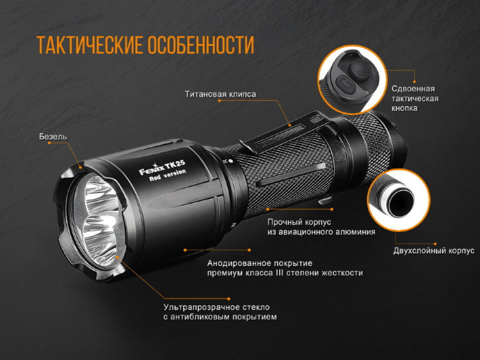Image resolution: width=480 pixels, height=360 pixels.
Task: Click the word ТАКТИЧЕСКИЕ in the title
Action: coord(88,45)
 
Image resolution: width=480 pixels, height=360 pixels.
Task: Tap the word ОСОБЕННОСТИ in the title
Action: coord(200,45)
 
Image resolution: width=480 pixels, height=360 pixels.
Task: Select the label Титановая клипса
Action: coord(220,94)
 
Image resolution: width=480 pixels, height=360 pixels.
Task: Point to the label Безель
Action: coord(53,136)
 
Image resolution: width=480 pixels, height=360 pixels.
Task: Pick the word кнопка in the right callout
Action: coord(405,108)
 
